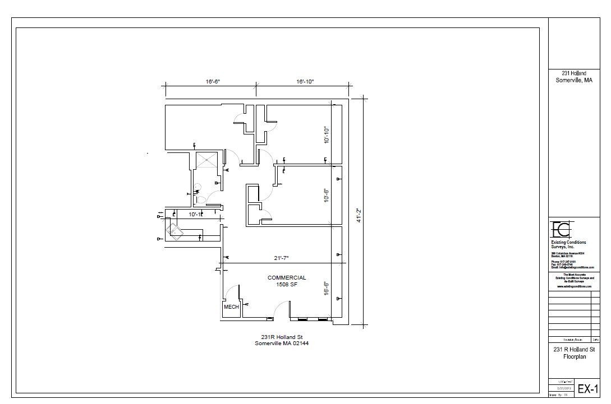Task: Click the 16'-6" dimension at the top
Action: [213, 82]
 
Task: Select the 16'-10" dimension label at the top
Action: [305, 82]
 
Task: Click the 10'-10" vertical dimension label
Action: [326, 134]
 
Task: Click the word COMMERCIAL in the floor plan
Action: [287, 277]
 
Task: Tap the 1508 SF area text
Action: [286, 285]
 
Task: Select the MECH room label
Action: [231, 307]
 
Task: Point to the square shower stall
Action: [205, 160]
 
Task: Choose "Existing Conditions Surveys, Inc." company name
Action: [568, 244]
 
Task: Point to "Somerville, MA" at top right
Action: [573, 81]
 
